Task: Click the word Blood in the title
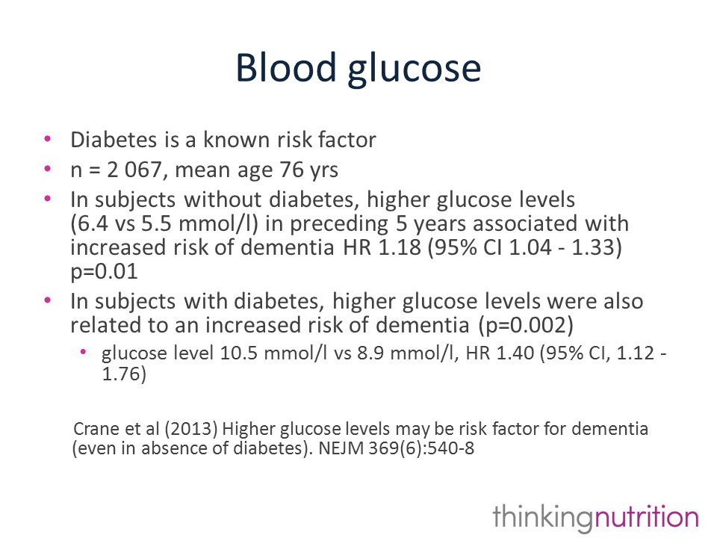coord(286,67)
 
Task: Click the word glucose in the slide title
coord(415,69)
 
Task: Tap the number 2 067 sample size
coord(134,170)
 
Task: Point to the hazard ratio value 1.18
coord(400,247)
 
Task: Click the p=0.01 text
coord(105,272)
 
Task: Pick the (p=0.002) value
coord(526,325)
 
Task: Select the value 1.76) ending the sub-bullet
coord(124,374)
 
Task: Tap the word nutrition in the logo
coord(646,517)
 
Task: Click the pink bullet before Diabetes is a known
coord(48,139)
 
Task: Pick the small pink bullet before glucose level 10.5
coord(83,352)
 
